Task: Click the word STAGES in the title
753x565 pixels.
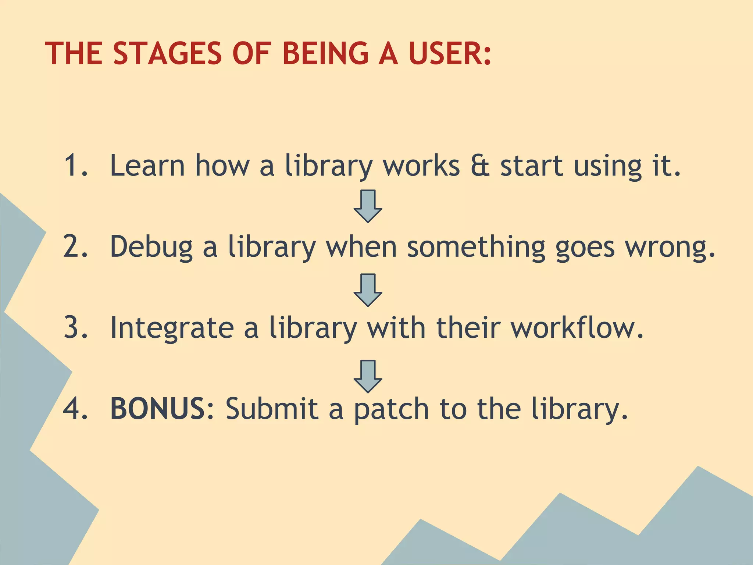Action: point(167,53)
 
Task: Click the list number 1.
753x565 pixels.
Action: point(75,166)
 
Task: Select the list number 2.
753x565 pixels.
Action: point(75,246)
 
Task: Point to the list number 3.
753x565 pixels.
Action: point(75,327)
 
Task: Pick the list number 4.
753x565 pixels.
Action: point(75,408)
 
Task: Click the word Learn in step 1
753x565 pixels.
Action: point(147,166)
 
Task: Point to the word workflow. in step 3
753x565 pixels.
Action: point(577,327)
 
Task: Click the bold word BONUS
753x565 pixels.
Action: point(158,408)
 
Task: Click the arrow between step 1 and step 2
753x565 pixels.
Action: point(368,206)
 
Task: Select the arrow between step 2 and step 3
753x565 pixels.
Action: point(368,290)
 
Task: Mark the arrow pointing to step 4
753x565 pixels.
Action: point(368,376)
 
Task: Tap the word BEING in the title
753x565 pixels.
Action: point(325,53)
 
